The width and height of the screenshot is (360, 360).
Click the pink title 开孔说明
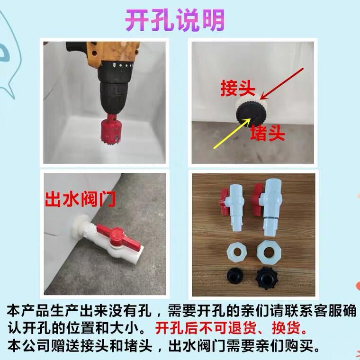[x=175, y=20]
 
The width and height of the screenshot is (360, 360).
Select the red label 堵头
[x=267, y=133]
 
